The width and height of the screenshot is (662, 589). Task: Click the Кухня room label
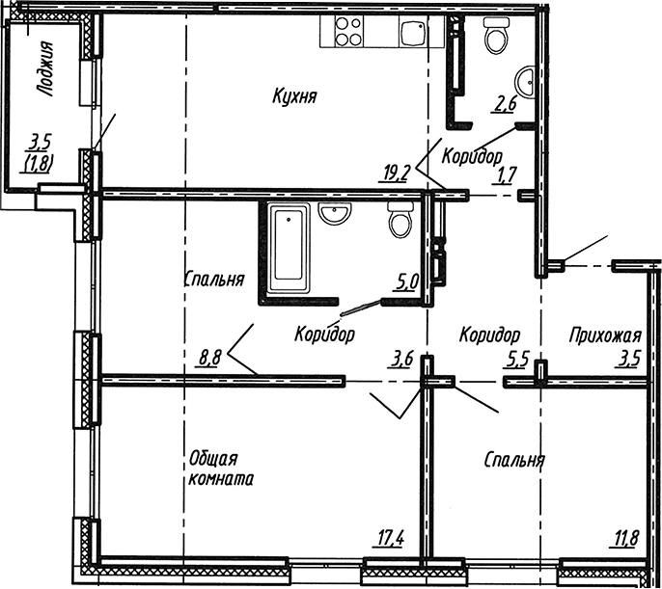pos(294,96)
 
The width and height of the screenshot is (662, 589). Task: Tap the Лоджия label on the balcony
pos(44,69)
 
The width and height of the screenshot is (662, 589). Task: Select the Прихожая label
pos(605,336)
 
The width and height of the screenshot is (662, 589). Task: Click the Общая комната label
pos(220,469)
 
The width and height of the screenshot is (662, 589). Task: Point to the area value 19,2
pos(395,173)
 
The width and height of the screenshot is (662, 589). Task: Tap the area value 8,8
pos(209,359)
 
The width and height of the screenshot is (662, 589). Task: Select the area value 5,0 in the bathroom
pos(406,282)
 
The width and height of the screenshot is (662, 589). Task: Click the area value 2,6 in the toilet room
pos(504,104)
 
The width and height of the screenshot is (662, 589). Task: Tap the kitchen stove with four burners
pos(348,31)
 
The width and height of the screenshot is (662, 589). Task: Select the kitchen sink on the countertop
pos(413,33)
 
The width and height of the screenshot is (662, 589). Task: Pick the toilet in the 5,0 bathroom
pos(400,220)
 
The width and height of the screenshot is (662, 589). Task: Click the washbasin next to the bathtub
pos(335,212)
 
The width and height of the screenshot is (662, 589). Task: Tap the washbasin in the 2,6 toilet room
pos(525,82)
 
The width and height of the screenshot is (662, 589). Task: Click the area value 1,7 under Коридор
pos(505,175)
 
